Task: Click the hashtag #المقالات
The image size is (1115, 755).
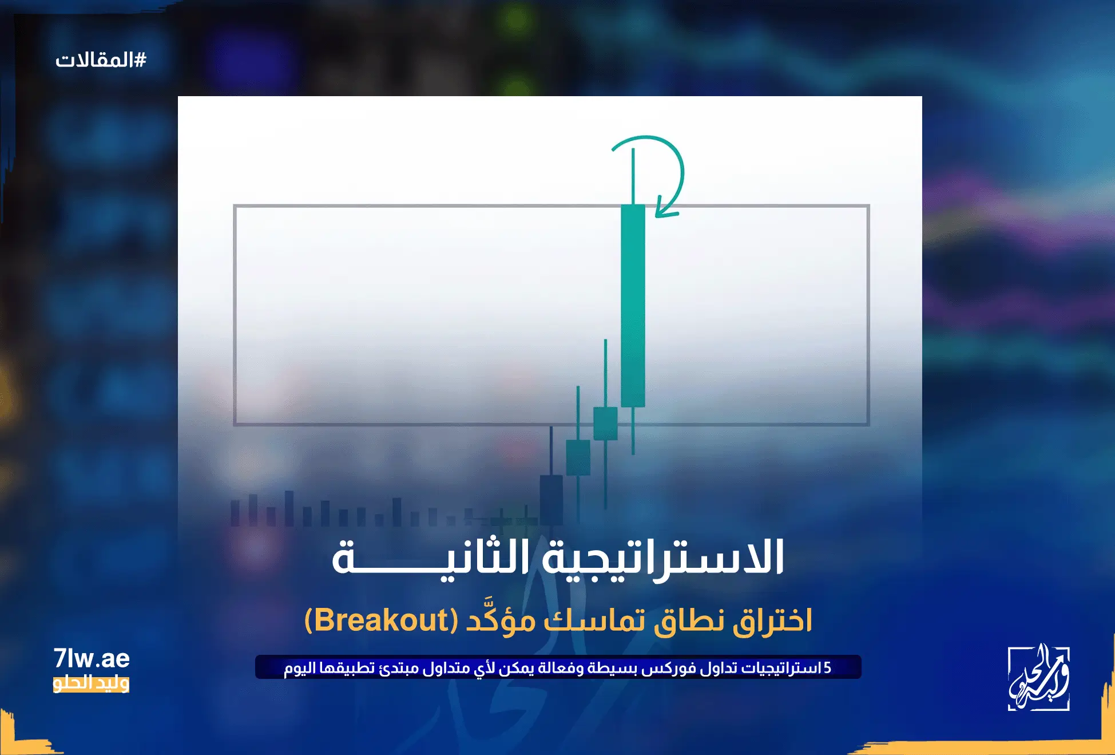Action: tap(101, 60)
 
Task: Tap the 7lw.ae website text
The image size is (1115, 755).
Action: tap(92, 659)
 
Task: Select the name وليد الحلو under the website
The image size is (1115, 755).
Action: tap(91, 683)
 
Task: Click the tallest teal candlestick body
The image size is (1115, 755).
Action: tap(633, 306)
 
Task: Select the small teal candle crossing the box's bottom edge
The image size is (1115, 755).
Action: tap(605, 424)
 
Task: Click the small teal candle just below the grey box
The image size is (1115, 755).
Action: tap(578, 457)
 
